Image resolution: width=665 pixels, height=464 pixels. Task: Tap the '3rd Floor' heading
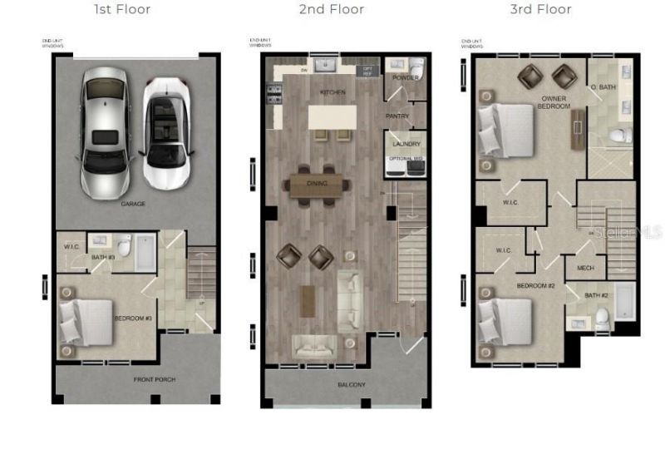coord(541,10)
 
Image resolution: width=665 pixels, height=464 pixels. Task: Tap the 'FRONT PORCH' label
coord(154,379)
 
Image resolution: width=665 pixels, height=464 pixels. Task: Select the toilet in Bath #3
coord(124,247)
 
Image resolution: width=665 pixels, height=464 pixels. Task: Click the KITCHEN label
coord(333,92)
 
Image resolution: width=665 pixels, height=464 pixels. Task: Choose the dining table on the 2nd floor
coord(316,185)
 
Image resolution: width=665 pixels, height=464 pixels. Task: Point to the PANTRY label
coord(397,116)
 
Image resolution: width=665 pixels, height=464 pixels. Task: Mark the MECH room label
coord(585,268)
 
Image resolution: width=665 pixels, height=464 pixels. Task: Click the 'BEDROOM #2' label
coord(535,285)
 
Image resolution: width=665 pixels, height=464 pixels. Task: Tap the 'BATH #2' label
coord(596,295)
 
